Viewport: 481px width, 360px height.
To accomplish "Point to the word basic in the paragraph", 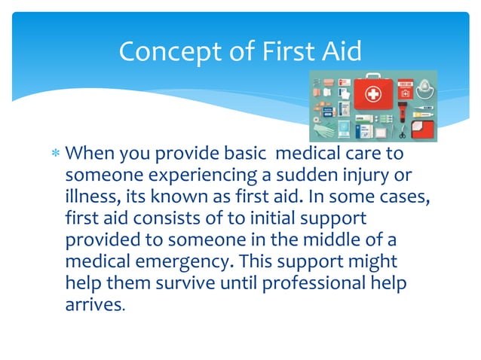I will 244,154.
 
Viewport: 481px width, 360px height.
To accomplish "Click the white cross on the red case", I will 373,94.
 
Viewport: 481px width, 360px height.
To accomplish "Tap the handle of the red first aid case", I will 373,76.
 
